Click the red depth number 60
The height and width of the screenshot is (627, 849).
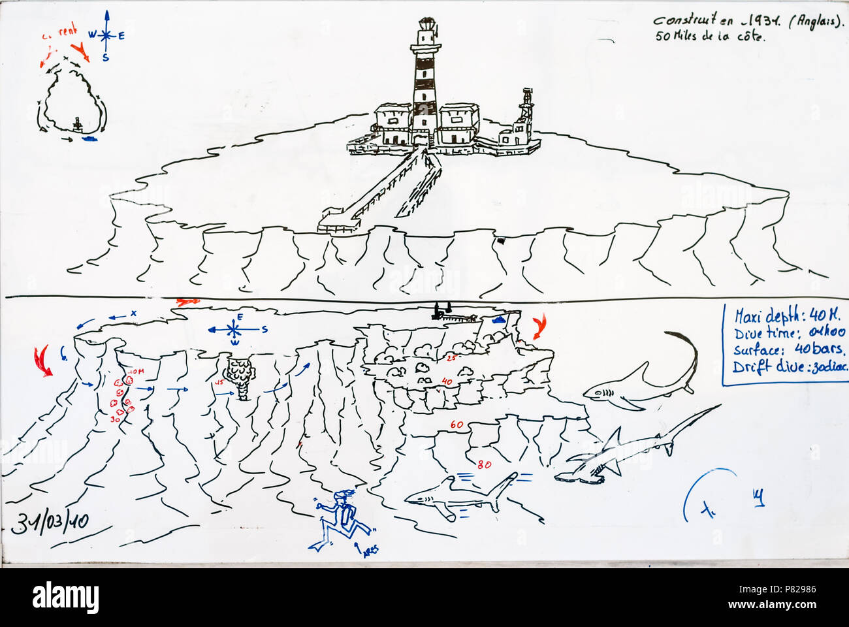(x=456, y=425)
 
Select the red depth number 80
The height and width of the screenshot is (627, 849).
(x=484, y=465)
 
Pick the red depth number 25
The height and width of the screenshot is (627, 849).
(x=450, y=358)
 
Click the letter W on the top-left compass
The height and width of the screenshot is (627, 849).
(x=91, y=35)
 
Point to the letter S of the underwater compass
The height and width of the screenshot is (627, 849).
(x=264, y=330)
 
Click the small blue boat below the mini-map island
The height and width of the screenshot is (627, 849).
(x=88, y=138)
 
